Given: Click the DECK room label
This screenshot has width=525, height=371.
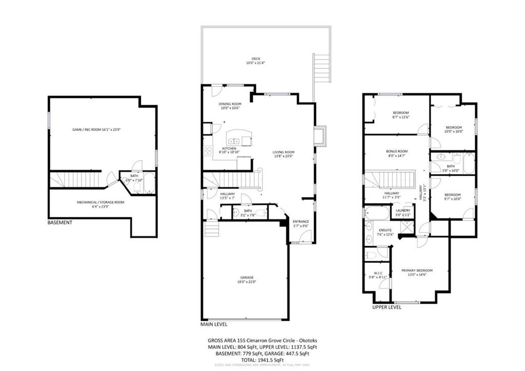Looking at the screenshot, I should [256, 59].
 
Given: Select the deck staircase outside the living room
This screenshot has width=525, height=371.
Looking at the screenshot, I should [321, 67].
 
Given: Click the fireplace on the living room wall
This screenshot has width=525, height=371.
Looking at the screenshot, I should [320, 136].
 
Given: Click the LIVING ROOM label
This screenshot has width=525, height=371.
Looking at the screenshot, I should [283, 152].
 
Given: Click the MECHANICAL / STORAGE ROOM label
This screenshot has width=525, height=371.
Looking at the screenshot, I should [100, 202].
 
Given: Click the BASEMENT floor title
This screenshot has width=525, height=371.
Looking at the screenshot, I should [59, 223].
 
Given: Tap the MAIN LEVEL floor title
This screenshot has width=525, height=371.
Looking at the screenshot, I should [214, 324].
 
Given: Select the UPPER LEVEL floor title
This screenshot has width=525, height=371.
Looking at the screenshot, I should [387, 307].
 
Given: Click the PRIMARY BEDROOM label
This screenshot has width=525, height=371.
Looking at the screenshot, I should [417, 270].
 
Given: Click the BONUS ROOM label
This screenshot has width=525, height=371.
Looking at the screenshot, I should [397, 151].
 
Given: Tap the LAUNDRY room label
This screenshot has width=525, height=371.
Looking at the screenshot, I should [403, 210].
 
